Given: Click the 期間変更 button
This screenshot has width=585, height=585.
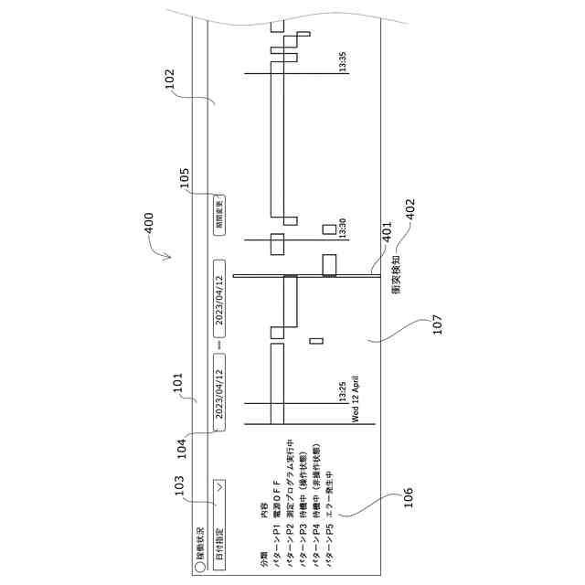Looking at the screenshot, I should tap(218, 214).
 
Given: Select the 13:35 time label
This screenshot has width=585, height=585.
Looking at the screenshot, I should tap(343, 62).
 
